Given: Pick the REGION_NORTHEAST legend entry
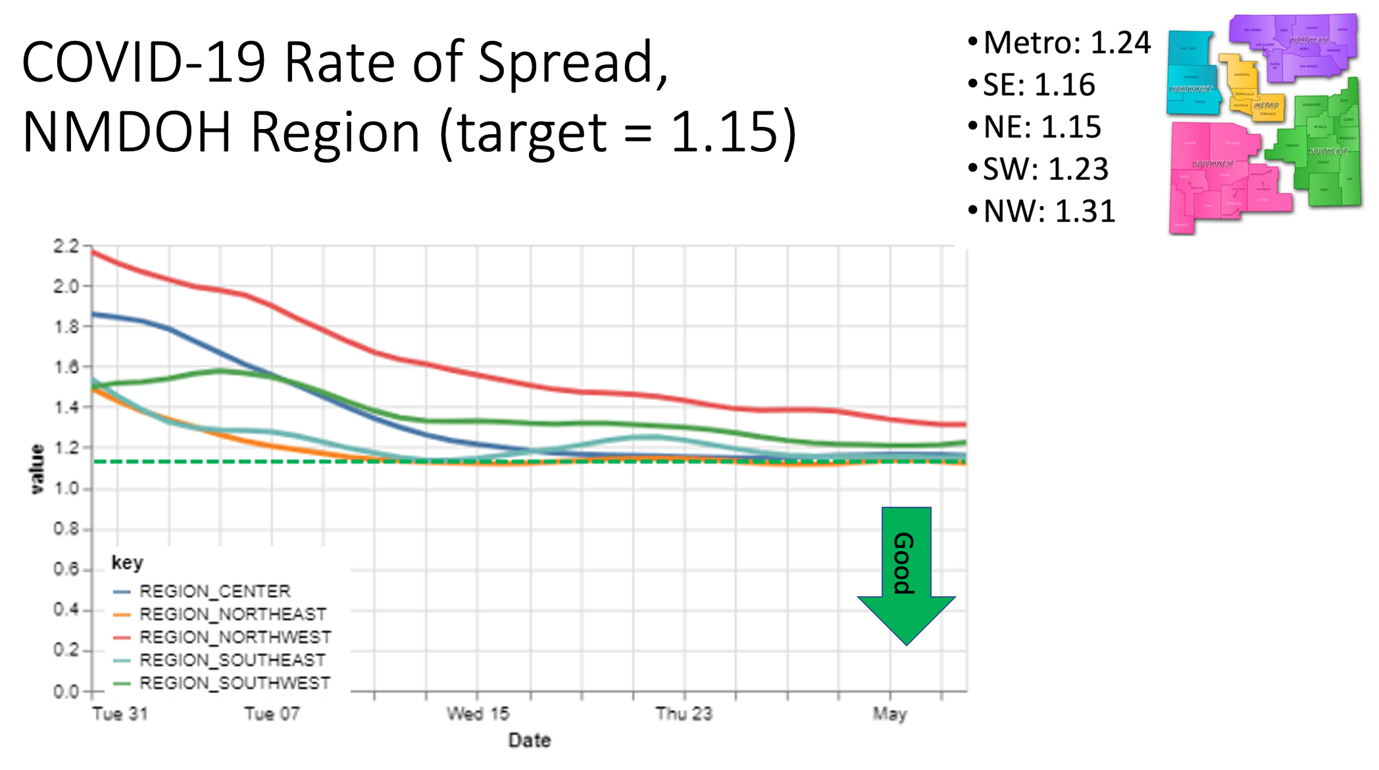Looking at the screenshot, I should (232, 615).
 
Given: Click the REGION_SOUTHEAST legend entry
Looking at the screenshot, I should (232, 660).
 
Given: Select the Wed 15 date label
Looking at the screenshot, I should (478, 714).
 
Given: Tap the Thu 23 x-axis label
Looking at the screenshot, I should (684, 714).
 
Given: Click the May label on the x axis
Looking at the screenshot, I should (890, 714).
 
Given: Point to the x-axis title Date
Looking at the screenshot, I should (530, 740).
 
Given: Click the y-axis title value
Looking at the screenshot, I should (38, 469).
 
